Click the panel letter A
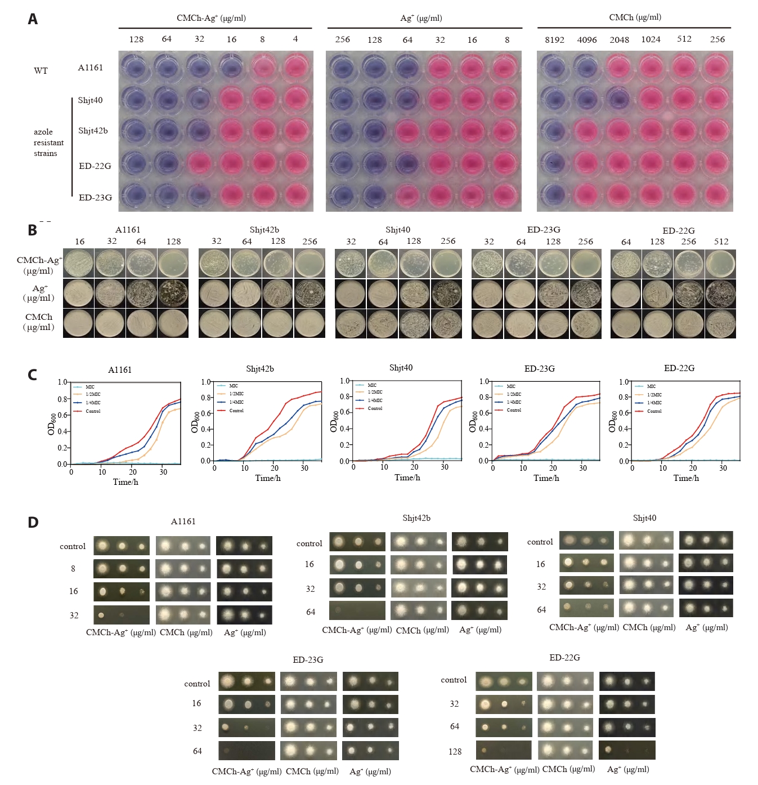click(33, 19)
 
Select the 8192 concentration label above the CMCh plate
click(554, 39)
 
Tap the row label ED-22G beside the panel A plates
click(95, 166)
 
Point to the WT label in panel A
click(41, 71)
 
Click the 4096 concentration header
click(587, 39)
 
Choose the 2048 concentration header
click(619, 39)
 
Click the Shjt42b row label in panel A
click(93, 131)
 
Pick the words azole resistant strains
click(48, 142)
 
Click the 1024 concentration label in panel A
click(651, 39)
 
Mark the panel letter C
click(33, 374)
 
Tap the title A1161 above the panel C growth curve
click(120, 370)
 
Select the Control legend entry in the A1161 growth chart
click(93, 411)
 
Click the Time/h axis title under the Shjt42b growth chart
click(268, 478)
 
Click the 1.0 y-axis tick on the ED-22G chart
click(624, 382)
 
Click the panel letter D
click(33, 523)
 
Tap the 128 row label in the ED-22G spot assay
click(455, 751)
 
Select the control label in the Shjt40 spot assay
click(540, 542)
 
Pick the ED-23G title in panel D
click(308, 660)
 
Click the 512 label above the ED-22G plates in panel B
click(721, 242)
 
